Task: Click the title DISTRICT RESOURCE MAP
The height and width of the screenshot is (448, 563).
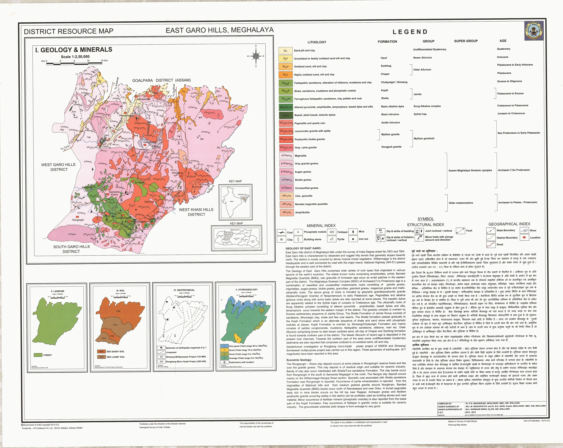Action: coord(68,31)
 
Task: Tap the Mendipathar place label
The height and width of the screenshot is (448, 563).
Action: coord(143,99)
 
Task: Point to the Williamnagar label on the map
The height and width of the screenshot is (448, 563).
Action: coord(138,221)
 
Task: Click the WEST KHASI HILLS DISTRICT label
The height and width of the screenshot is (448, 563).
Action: coord(196,212)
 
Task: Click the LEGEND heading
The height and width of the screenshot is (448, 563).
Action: coord(410,32)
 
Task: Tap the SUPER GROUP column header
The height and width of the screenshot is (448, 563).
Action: coord(466,41)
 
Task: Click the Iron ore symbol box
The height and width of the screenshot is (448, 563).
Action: coord(353,239)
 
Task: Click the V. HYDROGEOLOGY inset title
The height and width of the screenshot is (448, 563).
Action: coord(246,289)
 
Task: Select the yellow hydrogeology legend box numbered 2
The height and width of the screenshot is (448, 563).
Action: coord(224,350)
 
